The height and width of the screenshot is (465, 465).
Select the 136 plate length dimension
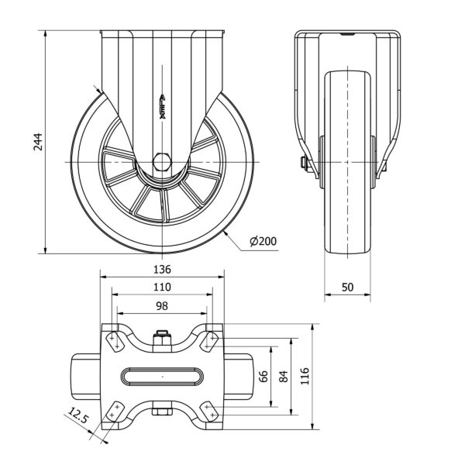pos(162,270)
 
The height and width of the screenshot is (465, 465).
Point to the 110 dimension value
pos(162,287)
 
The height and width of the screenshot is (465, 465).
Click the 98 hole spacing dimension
pos(162,306)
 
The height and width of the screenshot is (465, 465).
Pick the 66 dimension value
pos(263,377)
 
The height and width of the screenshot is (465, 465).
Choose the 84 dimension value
pos(284,377)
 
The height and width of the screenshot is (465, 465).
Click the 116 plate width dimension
pos(305,377)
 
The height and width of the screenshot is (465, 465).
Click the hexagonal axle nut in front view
pos(163,162)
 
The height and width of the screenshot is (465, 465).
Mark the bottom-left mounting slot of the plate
pos(115,412)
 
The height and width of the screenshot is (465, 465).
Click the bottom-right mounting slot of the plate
pos(209,412)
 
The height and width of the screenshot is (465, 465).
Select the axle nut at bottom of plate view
pos(162,412)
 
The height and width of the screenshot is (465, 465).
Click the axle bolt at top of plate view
pos(162,339)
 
